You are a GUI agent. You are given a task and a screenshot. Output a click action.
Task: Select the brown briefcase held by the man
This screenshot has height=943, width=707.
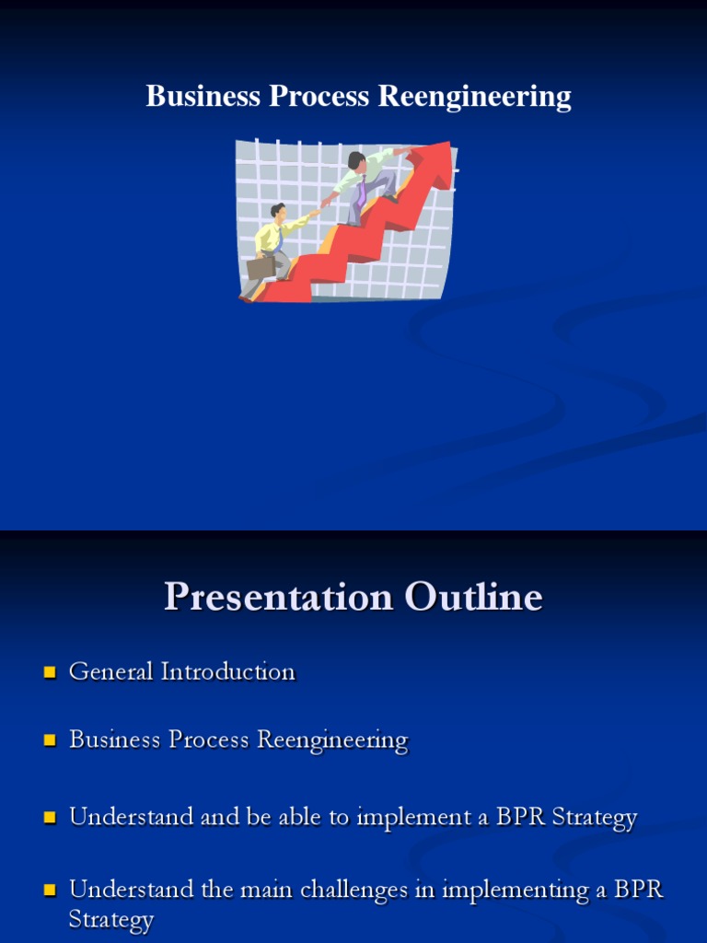(x=261, y=267)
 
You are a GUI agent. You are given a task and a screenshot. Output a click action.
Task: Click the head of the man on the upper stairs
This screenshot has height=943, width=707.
(x=356, y=161)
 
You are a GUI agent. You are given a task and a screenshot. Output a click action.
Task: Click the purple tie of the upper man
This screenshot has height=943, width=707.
(x=362, y=192)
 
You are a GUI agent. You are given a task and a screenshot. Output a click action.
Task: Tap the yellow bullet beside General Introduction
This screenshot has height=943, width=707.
(x=50, y=672)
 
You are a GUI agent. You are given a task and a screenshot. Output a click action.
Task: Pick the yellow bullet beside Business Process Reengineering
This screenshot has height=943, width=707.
(x=50, y=740)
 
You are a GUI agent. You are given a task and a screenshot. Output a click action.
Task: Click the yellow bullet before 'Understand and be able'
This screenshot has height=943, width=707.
(x=50, y=818)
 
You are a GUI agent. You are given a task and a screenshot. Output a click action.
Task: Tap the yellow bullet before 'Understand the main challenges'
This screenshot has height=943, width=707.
(x=50, y=891)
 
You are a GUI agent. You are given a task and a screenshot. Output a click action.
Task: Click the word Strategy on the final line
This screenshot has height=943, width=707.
(x=110, y=920)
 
